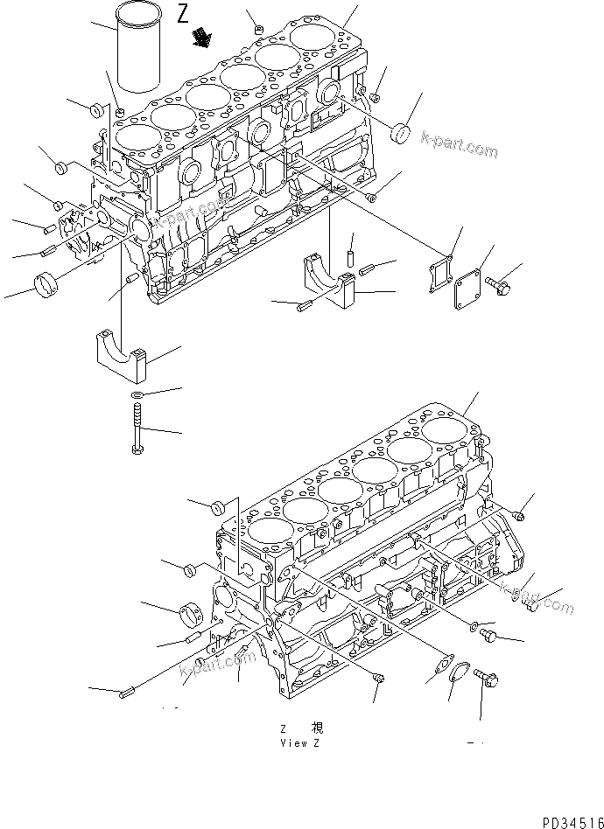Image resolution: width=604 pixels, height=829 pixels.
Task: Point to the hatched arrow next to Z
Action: (205, 37)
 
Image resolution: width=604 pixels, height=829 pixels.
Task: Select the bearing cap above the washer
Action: (121, 352)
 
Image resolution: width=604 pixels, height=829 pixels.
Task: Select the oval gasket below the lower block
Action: (439, 669)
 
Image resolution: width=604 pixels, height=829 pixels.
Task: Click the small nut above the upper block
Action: (260, 32)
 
